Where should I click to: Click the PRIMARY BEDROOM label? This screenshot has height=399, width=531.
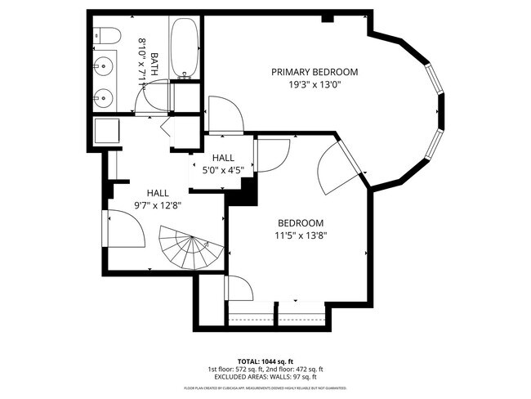pos(315,72)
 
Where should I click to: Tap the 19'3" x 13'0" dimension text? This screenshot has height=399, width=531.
pos(315,83)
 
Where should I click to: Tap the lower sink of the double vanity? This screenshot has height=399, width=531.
pos(104,96)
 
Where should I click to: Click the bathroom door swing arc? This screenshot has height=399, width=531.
pos(151,96)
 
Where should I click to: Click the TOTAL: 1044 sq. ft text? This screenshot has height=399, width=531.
pos(265,361)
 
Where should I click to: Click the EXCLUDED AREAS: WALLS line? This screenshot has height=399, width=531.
pos(265,377)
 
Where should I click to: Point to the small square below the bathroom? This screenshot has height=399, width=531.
pos(107,132)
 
